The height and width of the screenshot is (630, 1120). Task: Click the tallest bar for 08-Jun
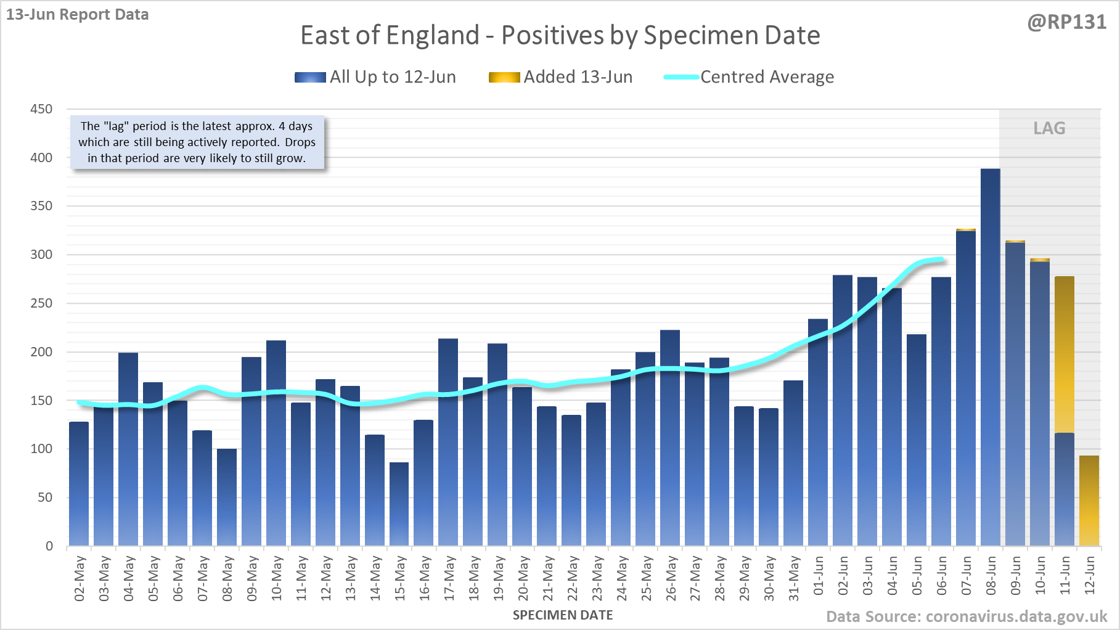click(x=990, y=358)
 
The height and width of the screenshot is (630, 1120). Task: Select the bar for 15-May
click(x=399, y=504)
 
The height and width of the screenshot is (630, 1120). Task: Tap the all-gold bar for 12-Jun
click(x=1089, y=501)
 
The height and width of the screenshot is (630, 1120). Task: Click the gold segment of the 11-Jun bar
click(x=1064, y=354)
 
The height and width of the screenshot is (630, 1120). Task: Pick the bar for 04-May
click(x=128, y=449)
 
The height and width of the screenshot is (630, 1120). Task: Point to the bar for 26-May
click(x=670, y=438)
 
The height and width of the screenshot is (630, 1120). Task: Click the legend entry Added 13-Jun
click(x=560, y=77)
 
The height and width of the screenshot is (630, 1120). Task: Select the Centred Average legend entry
click(x=749, y=77)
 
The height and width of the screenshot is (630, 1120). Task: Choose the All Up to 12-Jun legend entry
click(x=375, y=77)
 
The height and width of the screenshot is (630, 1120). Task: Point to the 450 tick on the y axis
click(x=41, y=109)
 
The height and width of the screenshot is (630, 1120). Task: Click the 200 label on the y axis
click(x=41, y=352)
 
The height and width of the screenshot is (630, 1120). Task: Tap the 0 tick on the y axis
click(x=49, y=546)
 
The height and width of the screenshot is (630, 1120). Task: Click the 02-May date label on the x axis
click(x=80, y=578)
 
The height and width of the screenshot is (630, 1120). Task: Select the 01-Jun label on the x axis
click(x=818, y=576)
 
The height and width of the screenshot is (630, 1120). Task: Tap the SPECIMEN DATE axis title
click(x=563, y=615)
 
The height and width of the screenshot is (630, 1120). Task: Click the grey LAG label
click(x=1049, y=128)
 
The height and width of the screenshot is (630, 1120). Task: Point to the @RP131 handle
click(x=1066, y=22)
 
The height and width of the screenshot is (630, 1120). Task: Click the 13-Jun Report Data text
click(x=78, y=15)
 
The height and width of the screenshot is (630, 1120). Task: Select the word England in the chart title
click(x=432, y=35)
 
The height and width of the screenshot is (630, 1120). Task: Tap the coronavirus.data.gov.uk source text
click(x=1016, y=616)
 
